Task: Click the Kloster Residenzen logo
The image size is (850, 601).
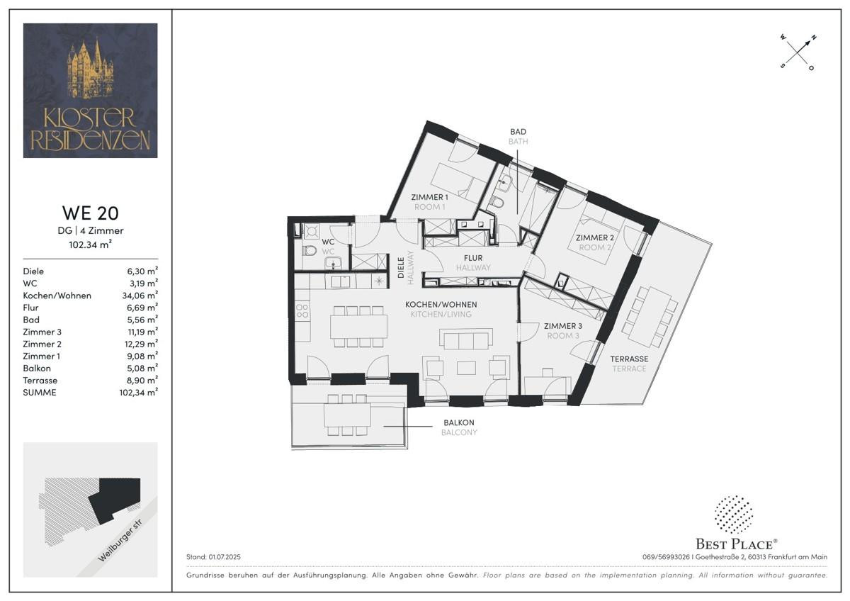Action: point(91,90)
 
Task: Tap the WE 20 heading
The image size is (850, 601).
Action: point(91,213)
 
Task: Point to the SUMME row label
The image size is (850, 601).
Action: point(40,392)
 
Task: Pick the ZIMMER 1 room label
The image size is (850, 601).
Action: point(429,197)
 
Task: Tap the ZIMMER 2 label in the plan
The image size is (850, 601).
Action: point(594,237)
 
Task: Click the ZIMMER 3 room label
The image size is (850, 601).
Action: point(562,326)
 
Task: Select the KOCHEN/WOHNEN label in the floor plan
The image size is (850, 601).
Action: point(441,305)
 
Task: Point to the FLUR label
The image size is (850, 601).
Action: point(473,258)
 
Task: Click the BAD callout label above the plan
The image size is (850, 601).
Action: point(518,132)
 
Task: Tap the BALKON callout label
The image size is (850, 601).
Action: point(459,422)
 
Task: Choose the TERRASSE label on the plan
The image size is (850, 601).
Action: point(629,359)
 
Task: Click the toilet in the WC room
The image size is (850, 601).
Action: point(310,251)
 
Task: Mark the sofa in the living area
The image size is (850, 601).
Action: point(466,339)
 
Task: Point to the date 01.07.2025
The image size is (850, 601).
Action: point(225,557)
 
